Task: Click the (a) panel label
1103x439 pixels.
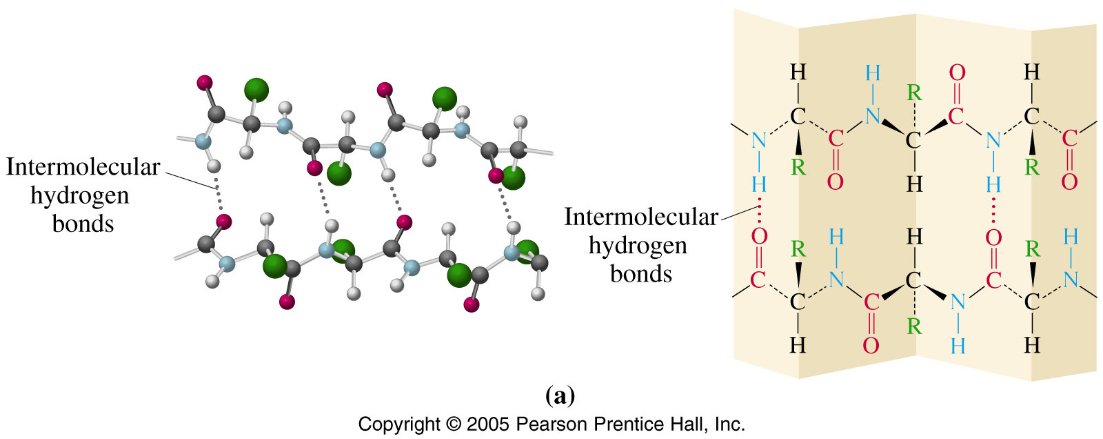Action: pyautogui.click(x=560, y=396)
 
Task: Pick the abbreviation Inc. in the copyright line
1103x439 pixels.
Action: pyautogui.click(x=730, y=425)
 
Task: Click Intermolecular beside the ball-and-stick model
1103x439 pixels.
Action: pyautogui.click(x=83, y=167)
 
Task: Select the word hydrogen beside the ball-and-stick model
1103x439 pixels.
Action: pyautogui.click(x=80, y=196)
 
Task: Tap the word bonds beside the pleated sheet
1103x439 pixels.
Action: pyautogui.click(x=641, y=273)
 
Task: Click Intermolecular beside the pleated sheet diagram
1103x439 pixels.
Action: pyautogui.click(x=641, y=217)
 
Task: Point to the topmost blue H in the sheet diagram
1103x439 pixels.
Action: pyautogui.click(x=873, y=74)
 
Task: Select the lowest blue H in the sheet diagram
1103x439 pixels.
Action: pyautogui.click(x=958, y=346)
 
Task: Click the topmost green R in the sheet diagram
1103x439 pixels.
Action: pyautogui.click(x=914, y=92)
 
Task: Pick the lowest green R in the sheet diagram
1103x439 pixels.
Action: pyautogui.click(x=914, y=326)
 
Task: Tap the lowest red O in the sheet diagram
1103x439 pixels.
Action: pyautogui.click(x=871, y=345)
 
